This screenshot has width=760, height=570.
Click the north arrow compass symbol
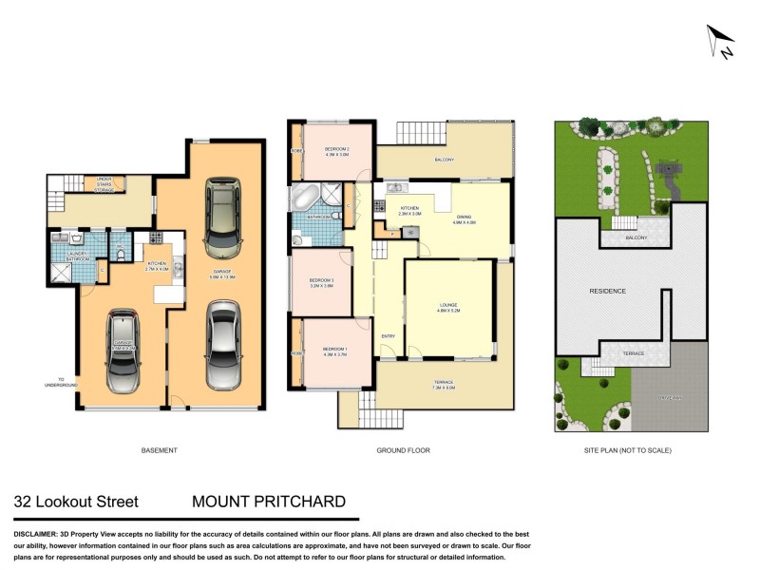click(x=721, y=42)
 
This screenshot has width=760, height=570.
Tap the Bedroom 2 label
click(x=337, y=151)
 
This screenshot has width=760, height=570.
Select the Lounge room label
click(x=448, y=307)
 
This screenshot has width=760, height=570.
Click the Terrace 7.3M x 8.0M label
click(x=444, y=385)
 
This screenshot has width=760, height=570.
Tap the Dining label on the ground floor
click(x=465, y=218)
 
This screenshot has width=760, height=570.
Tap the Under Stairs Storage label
click(x=104, y=184)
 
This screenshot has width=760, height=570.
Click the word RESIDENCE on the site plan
click(x=607, y=291)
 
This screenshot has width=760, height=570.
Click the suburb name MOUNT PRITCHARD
click(x=269, y=502)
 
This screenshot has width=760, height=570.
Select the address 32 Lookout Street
click(x=76, y=502)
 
